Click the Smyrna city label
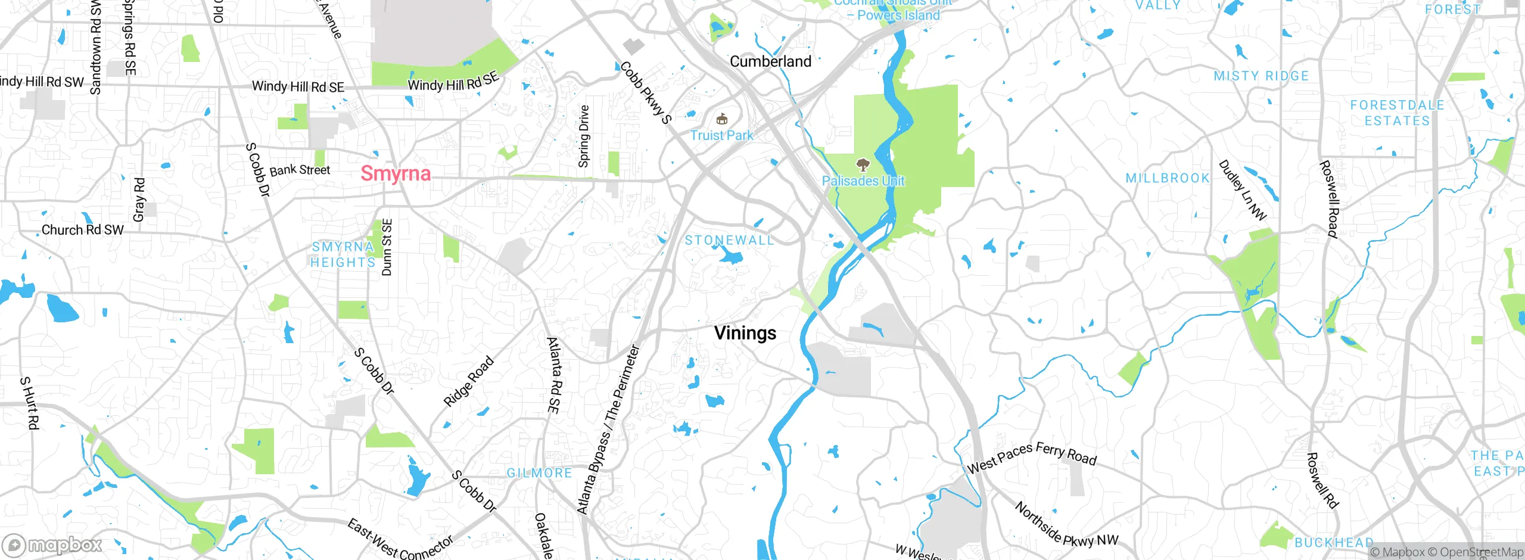coord(396,173)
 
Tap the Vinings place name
coord(745,333)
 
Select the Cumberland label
coord(770,61)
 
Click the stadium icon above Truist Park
coord(722,119)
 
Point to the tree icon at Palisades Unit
coord(862,165)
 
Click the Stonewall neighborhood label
coord(729,241)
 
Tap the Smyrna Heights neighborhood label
coord(343,254)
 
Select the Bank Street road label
coord(300,170)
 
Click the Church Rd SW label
coord(82,230)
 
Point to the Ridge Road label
coord(469,381)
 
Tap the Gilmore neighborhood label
coord(539,473)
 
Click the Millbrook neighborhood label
coord(1168,178)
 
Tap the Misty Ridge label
coord(1261,76)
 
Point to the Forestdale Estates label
coord(1397,113)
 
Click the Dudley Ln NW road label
coord(1243,189)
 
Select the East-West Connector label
coord(400,540)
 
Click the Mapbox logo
coord(52,545)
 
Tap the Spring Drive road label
coord(584,136)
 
